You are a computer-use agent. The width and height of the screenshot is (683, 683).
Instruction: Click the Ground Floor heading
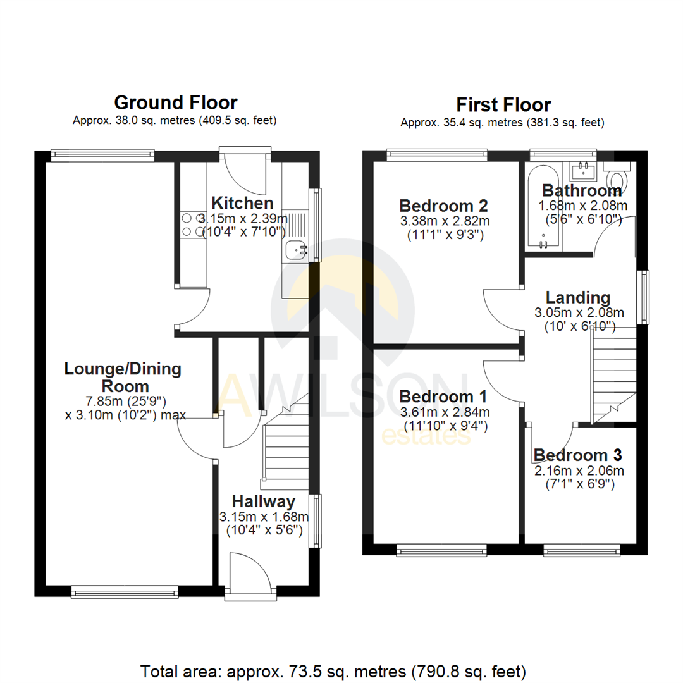(175, 102)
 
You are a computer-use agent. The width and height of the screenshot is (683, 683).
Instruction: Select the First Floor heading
(503, 104)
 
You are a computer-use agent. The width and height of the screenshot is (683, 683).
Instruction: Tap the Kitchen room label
(242, 203)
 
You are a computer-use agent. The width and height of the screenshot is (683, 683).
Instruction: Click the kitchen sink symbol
(295, 250)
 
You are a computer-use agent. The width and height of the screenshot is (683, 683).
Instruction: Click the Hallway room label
(263, 501)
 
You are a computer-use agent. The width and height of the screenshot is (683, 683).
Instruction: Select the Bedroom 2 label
(444, 206)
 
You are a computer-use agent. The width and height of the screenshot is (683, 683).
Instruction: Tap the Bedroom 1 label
(443, 397)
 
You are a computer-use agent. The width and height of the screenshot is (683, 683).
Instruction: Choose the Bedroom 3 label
(577, 455)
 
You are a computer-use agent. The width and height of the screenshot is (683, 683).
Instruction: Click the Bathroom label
(582, 190)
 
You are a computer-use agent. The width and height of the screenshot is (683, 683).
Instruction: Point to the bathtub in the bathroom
(543, 209)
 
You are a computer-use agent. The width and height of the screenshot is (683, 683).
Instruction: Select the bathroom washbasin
(584, 169)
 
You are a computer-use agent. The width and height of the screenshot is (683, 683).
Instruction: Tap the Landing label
(578, 297)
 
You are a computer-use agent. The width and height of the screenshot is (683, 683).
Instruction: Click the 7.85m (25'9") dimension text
(123, 401)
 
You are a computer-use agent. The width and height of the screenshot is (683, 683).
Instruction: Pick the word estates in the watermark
(428, 436)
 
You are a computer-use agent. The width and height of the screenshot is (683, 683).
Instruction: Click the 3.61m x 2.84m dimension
(445, 412)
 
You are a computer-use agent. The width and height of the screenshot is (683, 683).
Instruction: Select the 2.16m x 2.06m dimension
(579, 471)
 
